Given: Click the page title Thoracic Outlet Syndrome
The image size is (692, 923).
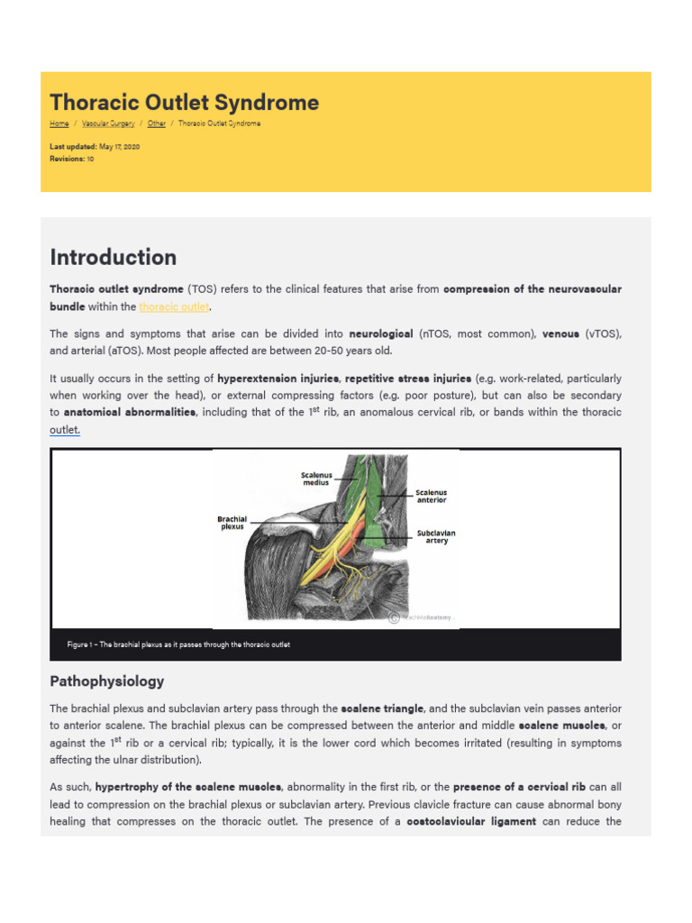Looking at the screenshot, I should click(x=184, y=103).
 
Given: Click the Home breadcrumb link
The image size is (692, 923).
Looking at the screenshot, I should click(x=59, y=123).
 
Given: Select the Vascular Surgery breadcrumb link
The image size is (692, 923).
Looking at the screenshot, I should click(x=108, y=123).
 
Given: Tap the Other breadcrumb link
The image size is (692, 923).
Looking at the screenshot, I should click(x=157, y=123).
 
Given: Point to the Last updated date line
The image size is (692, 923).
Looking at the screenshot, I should click(x=95, y=146).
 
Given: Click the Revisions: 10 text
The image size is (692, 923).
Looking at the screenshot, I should click(x=72, y=159).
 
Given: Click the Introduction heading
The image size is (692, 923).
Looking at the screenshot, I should click(x=114, y=258).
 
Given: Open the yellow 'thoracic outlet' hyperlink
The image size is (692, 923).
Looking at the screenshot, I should click(x=174, y=307).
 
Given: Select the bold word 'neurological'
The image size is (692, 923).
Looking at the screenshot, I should click(x=380, y=334).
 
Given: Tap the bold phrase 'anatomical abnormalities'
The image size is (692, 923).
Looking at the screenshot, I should click(x=130, y=412).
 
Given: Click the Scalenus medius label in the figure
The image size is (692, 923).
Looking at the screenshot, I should click(x=316, y=479).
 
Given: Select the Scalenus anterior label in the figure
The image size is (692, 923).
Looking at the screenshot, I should click(x=431, y=497).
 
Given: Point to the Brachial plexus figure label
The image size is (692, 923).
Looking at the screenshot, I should click(x=232, y=523).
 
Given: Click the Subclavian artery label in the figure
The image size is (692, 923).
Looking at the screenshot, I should click(x=436, y=537).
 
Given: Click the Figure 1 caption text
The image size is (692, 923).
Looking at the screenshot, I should click(x=178, y=644).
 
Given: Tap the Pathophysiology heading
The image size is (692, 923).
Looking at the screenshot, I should click(x=107, y=681).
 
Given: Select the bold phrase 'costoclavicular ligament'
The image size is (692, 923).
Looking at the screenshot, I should click(x=471, y=821).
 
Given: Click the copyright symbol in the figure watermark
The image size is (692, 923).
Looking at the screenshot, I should click(x=394, y=617).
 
